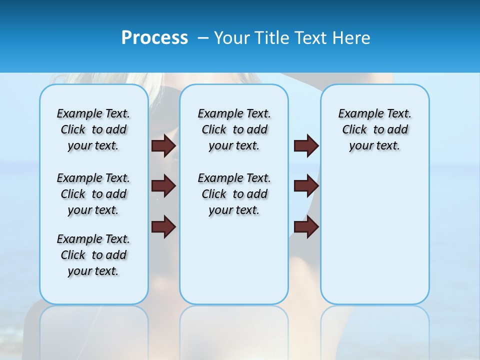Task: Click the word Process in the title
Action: coord(154,38)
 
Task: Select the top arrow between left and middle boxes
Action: coord(163,145)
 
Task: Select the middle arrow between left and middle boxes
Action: coord(163,186)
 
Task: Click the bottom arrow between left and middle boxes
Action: coord(163,227)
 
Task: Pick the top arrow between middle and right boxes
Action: coord(306,145)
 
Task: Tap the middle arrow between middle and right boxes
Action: coord(306,186)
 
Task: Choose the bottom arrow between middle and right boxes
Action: coord(306,227)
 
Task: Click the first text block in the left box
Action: coord(93,129)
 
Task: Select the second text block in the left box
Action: coord(93,194)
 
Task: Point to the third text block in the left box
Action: coord(93,255)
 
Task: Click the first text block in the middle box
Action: coord(234,129)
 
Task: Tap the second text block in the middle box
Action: coord(234,194)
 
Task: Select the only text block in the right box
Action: coord(374,129)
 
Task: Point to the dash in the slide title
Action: coord(203,38)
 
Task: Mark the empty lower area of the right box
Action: coord(374,235)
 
